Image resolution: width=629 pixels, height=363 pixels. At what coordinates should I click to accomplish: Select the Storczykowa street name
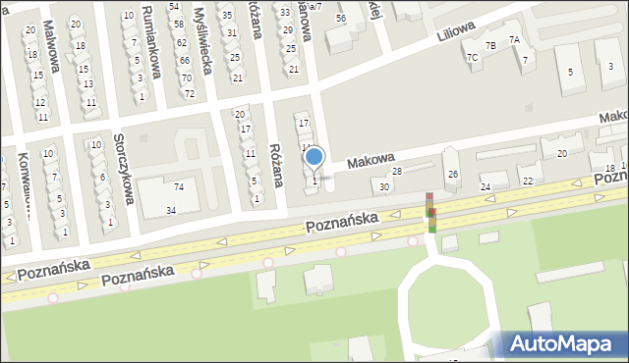click(x=123, y=168)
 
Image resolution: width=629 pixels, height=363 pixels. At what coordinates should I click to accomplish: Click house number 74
click(x=178, y=186)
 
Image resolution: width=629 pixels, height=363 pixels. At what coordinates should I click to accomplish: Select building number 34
click(x=171, y=210)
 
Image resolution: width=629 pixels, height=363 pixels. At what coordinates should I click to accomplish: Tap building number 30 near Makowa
click(x=383, y=186)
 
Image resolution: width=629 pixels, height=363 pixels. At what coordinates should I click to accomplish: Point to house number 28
click(x=397, y=172)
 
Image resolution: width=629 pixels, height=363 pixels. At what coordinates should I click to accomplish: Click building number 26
click(x=453, y=175)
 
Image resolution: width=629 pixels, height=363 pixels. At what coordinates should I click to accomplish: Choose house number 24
click(x=485, y=186)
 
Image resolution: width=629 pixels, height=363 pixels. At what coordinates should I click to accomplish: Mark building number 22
click(x=527, y=181)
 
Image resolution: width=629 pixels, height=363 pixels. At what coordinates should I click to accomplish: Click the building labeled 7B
click(x=490, y=46)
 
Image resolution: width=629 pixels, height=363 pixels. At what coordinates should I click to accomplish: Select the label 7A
click(x=514, y=39)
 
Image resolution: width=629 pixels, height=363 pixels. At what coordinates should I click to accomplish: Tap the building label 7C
click(x=472, y=58)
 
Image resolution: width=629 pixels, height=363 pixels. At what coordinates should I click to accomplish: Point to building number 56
click(x=341, y=18)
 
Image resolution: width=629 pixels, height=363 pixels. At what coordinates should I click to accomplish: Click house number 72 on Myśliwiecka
click(x=189, y=94)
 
